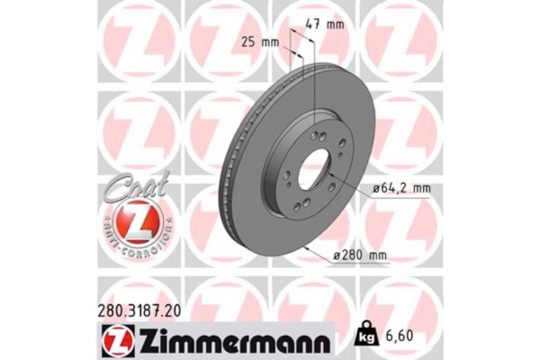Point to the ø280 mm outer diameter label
362,256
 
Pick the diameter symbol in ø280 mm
337,256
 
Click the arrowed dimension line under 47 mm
301,41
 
